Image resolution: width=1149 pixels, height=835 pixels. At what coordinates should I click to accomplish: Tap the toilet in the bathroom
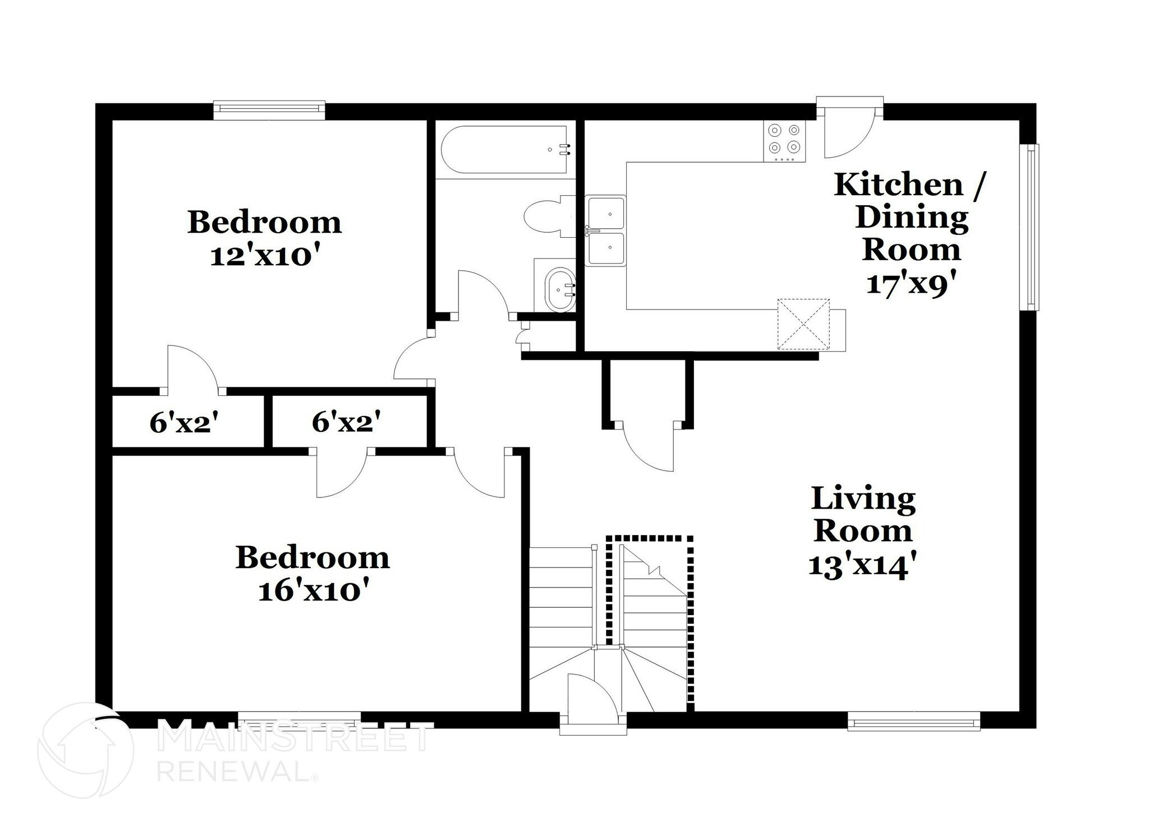(x=547, y=216)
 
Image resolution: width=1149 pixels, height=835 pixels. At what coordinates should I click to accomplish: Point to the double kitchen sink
(x=605, y=230)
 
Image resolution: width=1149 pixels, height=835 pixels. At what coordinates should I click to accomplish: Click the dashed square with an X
(x=803, y=324)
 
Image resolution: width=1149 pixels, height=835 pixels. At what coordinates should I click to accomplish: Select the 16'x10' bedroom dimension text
(x=315, y=591)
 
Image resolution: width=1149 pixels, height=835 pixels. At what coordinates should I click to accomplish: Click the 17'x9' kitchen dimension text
(x=910, y=284)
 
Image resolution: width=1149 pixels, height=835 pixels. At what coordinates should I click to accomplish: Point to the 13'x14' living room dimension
(x=863, y=566)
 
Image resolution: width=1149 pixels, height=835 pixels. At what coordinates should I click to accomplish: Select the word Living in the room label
(x=863, y=499)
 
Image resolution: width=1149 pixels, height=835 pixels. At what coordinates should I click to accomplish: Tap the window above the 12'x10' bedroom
(x=269, y=110)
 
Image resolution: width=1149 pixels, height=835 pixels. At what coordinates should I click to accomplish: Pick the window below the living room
(x=913, y=721)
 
